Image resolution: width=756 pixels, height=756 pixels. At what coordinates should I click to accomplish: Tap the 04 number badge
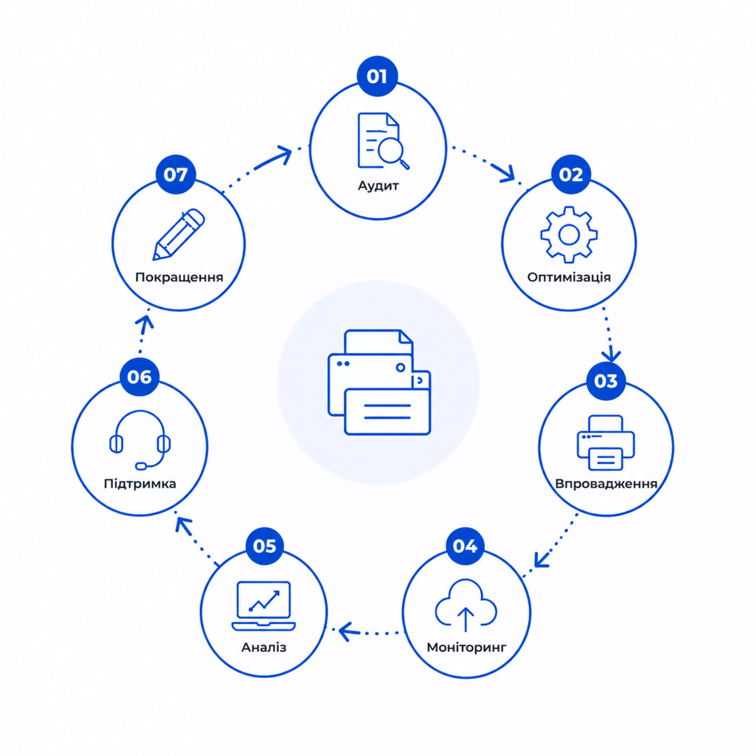click(x=465, y=546)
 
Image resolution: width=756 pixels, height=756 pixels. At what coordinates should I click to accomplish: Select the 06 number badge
click(x=139, y=377)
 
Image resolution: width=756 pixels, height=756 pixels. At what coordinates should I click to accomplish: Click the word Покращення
click(x=179, y=277)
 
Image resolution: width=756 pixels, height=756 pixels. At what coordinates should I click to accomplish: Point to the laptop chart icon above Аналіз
click(x=263, y=606)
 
